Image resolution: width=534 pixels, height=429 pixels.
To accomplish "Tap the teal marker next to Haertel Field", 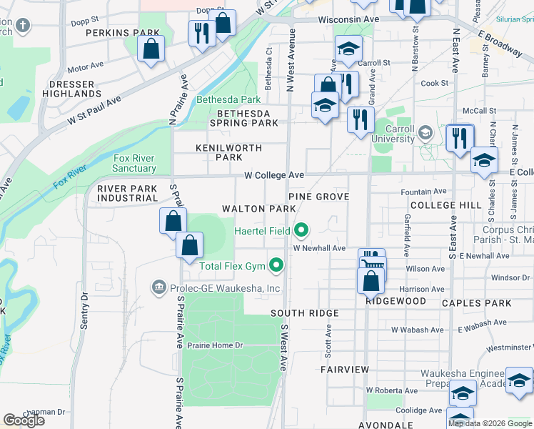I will click(x=302, y=230).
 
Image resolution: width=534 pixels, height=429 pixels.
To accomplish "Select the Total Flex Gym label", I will click(x=232, y=267).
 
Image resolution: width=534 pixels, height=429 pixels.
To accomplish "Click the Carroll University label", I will click(x=393, y=134).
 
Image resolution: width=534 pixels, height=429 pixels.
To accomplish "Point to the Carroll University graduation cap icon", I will click(x=425, y=133).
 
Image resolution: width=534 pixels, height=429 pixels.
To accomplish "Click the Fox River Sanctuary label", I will click(x=134, y=164).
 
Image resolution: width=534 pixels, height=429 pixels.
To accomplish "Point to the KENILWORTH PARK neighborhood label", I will click(x=229, y=152).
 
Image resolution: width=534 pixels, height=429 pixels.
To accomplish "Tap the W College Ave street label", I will click(x=274, y=175).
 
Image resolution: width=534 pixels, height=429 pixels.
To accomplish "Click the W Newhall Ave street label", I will click(x=319, y=248).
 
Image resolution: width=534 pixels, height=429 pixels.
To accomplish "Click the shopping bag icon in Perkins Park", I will click(x=151, y=50).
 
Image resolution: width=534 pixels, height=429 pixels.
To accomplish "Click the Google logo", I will click(x=24, y=420).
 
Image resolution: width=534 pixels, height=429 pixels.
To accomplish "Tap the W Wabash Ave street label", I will click(x=417, y=330).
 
